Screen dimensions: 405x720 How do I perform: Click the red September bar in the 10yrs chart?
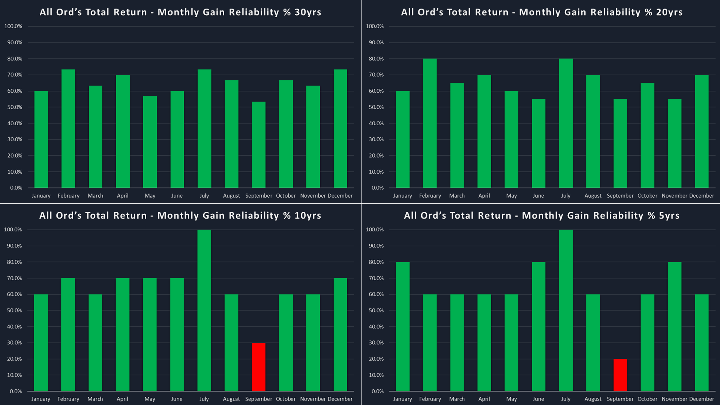pyautogui.click(x=258, y=367)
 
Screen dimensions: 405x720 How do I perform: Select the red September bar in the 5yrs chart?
pyautogui.click(x=620, y=375)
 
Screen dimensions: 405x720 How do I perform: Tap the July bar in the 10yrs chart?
pyautogui.click(x=204, y=310)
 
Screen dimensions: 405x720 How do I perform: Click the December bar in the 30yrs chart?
pyautogui.click(x=340, y=129)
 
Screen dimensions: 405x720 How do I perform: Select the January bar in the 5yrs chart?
pyautogui.click(x=402, y=327)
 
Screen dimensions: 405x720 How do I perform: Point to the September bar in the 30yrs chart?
pyautogui.click(x=258, y=145)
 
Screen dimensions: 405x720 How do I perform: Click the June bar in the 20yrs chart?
pyautogui.click(x=538, y=143)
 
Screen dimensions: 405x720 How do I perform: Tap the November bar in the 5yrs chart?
pyautogui.click(x=674, y=327)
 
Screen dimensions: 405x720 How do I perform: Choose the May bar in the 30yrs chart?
pyautogui.click(x=150, y=142)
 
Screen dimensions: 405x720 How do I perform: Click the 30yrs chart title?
pyautogui.click(x=180, y=12)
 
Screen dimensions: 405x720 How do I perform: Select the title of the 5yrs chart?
pyautogui.click(x=541, y=216)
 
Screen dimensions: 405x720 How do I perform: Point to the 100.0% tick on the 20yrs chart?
pyautogui.click(x=375, y=26)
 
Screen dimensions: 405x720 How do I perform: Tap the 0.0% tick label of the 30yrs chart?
pyautogui.click(x=16, y=188)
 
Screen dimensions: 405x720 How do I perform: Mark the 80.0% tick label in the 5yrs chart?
pyautogui.click(x=376, y=262)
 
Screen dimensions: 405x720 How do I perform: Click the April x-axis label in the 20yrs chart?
pyautogui.click(x=484, y=196)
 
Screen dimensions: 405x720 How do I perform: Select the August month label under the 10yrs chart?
pyautogui.click(x=231, y=399)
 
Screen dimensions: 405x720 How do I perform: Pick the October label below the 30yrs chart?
pyautogui.click(x=286, y=196)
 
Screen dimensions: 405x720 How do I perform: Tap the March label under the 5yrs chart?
pyautogui.click(x=457, y=399)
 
